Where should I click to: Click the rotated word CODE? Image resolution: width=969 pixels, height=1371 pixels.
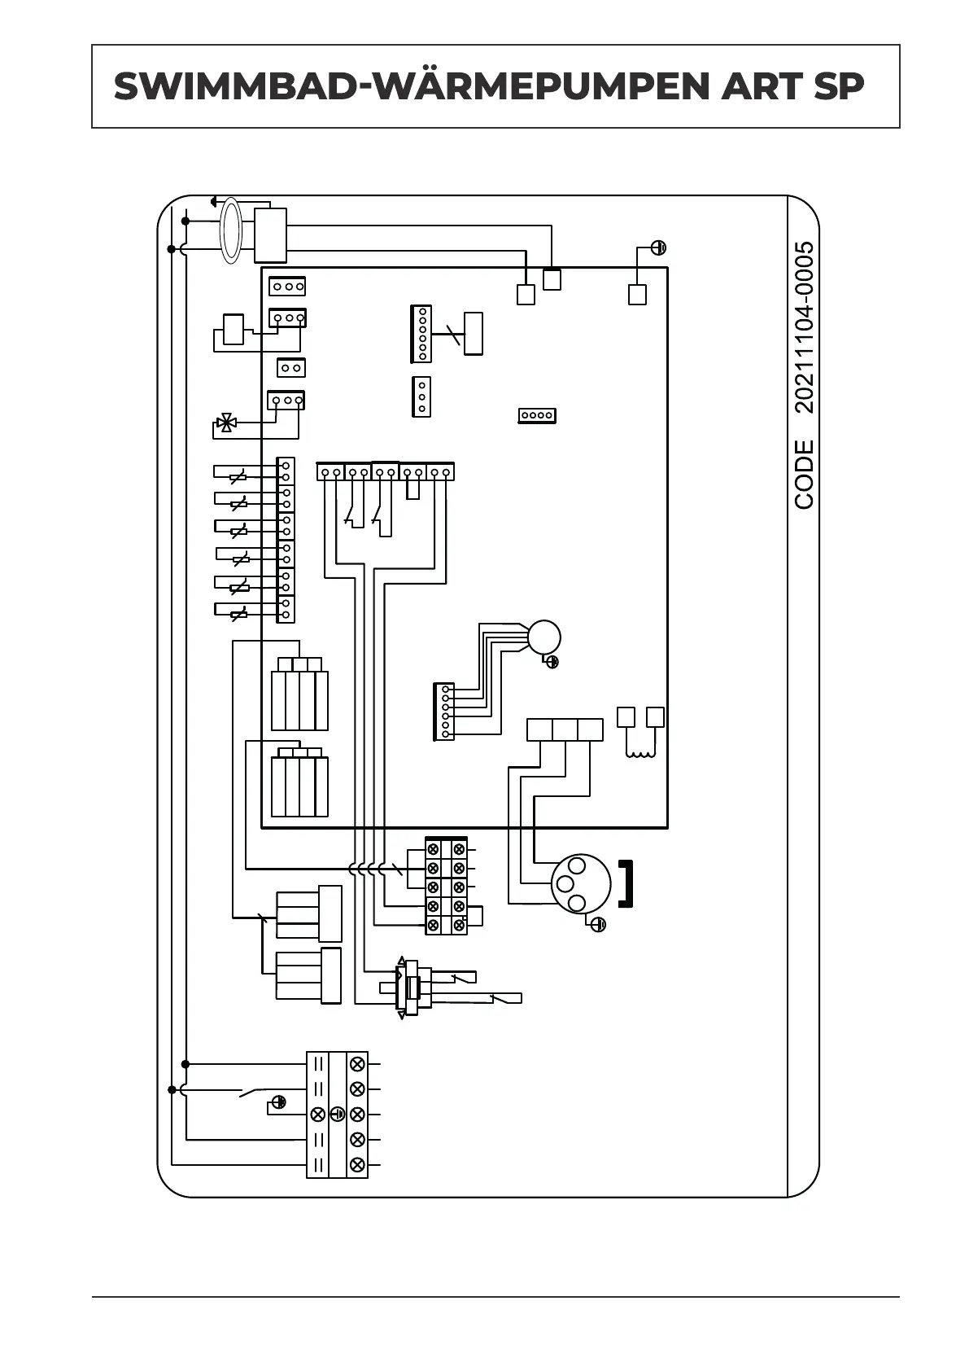tap(804, 475)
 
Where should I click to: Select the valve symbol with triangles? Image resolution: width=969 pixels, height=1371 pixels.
tap(225, 423)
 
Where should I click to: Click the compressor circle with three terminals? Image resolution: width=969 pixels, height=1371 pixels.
tap(580, 883)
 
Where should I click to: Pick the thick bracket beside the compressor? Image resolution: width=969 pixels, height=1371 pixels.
tap(626, 883)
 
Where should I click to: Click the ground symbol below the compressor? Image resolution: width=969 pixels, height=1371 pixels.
tap(598, 924)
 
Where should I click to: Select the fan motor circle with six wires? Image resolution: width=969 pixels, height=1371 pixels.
tap(543, 637)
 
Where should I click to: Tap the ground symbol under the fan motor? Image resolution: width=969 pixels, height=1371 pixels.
tap(552, 662)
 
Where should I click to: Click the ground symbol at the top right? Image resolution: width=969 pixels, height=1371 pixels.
tap(659, 247)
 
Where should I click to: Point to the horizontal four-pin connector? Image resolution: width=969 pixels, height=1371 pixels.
tap(537, 415)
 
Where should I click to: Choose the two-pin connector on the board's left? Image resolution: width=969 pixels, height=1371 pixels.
tap(290, 368)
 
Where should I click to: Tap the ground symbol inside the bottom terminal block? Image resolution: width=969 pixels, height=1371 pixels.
tap(337, 1114)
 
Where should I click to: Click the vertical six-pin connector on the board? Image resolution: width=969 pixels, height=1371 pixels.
tap(421, 334)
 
